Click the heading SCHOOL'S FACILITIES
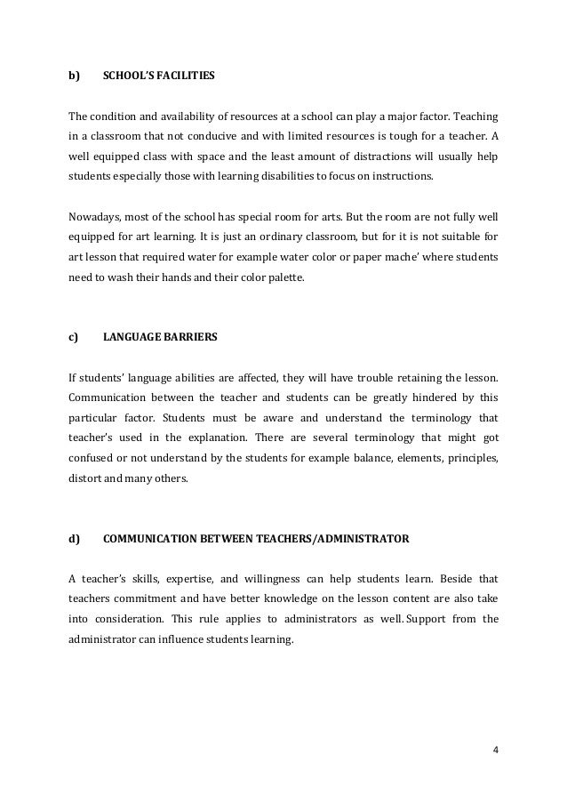[159, 76]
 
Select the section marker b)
[74, 76]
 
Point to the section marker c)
[74, 337]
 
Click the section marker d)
[74, 538]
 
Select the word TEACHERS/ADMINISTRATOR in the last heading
[338, 538]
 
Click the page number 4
[495, 748]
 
